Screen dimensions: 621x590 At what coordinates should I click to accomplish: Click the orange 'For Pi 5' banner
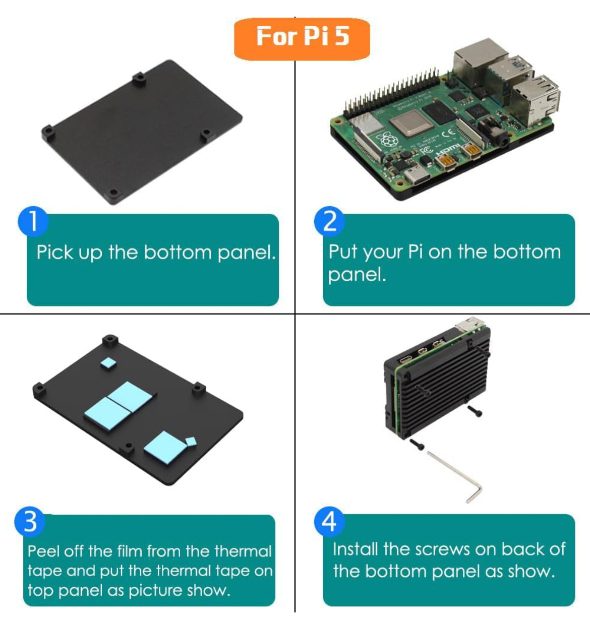coord(302,38)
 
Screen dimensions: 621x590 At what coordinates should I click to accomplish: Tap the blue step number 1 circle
coord(33,221)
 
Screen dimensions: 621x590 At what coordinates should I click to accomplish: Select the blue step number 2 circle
coord(329,221)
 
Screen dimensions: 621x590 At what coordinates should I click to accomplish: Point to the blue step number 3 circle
coord(30,521)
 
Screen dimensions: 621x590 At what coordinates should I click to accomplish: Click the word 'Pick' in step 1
coord(54,252)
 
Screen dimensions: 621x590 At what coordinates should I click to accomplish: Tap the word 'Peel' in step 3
coord(44,551)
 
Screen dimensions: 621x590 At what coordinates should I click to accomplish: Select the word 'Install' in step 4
coord(355,549)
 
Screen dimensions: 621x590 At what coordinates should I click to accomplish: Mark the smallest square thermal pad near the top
coord(108,363)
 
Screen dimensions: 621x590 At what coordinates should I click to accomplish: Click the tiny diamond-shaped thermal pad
coord(191,442)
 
